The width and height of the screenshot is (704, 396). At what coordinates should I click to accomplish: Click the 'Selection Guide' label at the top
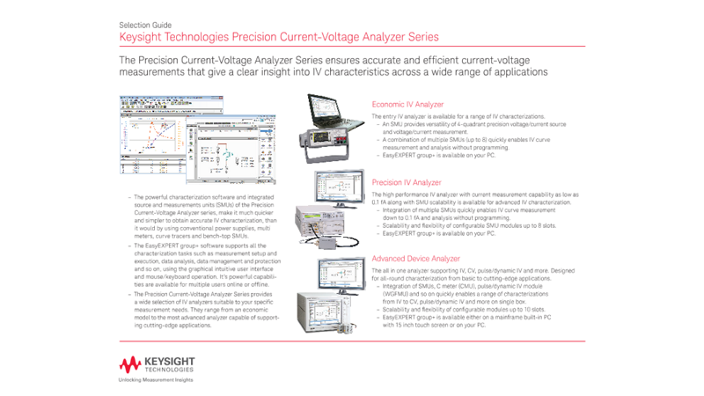tap(145, 26)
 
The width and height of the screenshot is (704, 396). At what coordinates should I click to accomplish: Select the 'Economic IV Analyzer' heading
tap(407, 104)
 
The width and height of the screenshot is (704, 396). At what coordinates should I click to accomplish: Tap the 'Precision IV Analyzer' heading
tap(407, 182)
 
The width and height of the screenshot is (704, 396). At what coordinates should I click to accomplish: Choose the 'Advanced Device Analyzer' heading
tap(415, 259)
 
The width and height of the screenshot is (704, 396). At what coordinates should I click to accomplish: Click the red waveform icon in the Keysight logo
tap(130, 365)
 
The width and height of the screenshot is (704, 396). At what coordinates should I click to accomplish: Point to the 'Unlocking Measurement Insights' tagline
tap(156, 380)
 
